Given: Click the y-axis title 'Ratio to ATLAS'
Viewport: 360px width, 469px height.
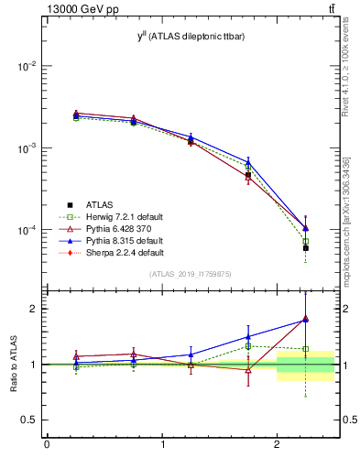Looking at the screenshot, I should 15,365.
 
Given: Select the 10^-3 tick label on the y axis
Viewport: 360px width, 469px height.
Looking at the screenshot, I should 26,148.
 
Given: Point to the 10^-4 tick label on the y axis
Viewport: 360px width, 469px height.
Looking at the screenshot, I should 26,230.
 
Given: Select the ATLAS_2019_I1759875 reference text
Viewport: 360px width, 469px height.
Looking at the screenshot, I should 191,275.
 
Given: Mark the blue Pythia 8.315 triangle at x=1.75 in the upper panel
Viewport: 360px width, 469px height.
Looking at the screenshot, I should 248,161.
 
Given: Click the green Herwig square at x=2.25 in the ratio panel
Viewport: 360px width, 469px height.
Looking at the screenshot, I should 306,349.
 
